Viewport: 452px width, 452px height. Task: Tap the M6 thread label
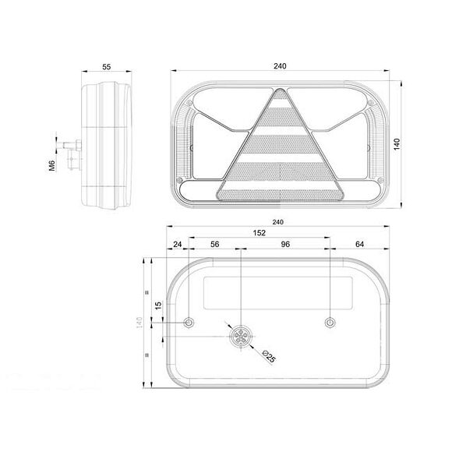click(51, 166)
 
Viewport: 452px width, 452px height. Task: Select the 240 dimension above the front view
click(280, 66)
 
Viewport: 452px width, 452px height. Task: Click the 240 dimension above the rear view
click(279, 221)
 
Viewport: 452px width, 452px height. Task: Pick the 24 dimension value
click(178, 245)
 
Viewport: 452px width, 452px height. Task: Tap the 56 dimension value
click(215, 245)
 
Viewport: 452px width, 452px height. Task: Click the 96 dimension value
click(285, 245)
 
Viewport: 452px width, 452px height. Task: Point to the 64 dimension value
click(360, 245)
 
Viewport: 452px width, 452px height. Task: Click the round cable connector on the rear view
click(239, 336)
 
